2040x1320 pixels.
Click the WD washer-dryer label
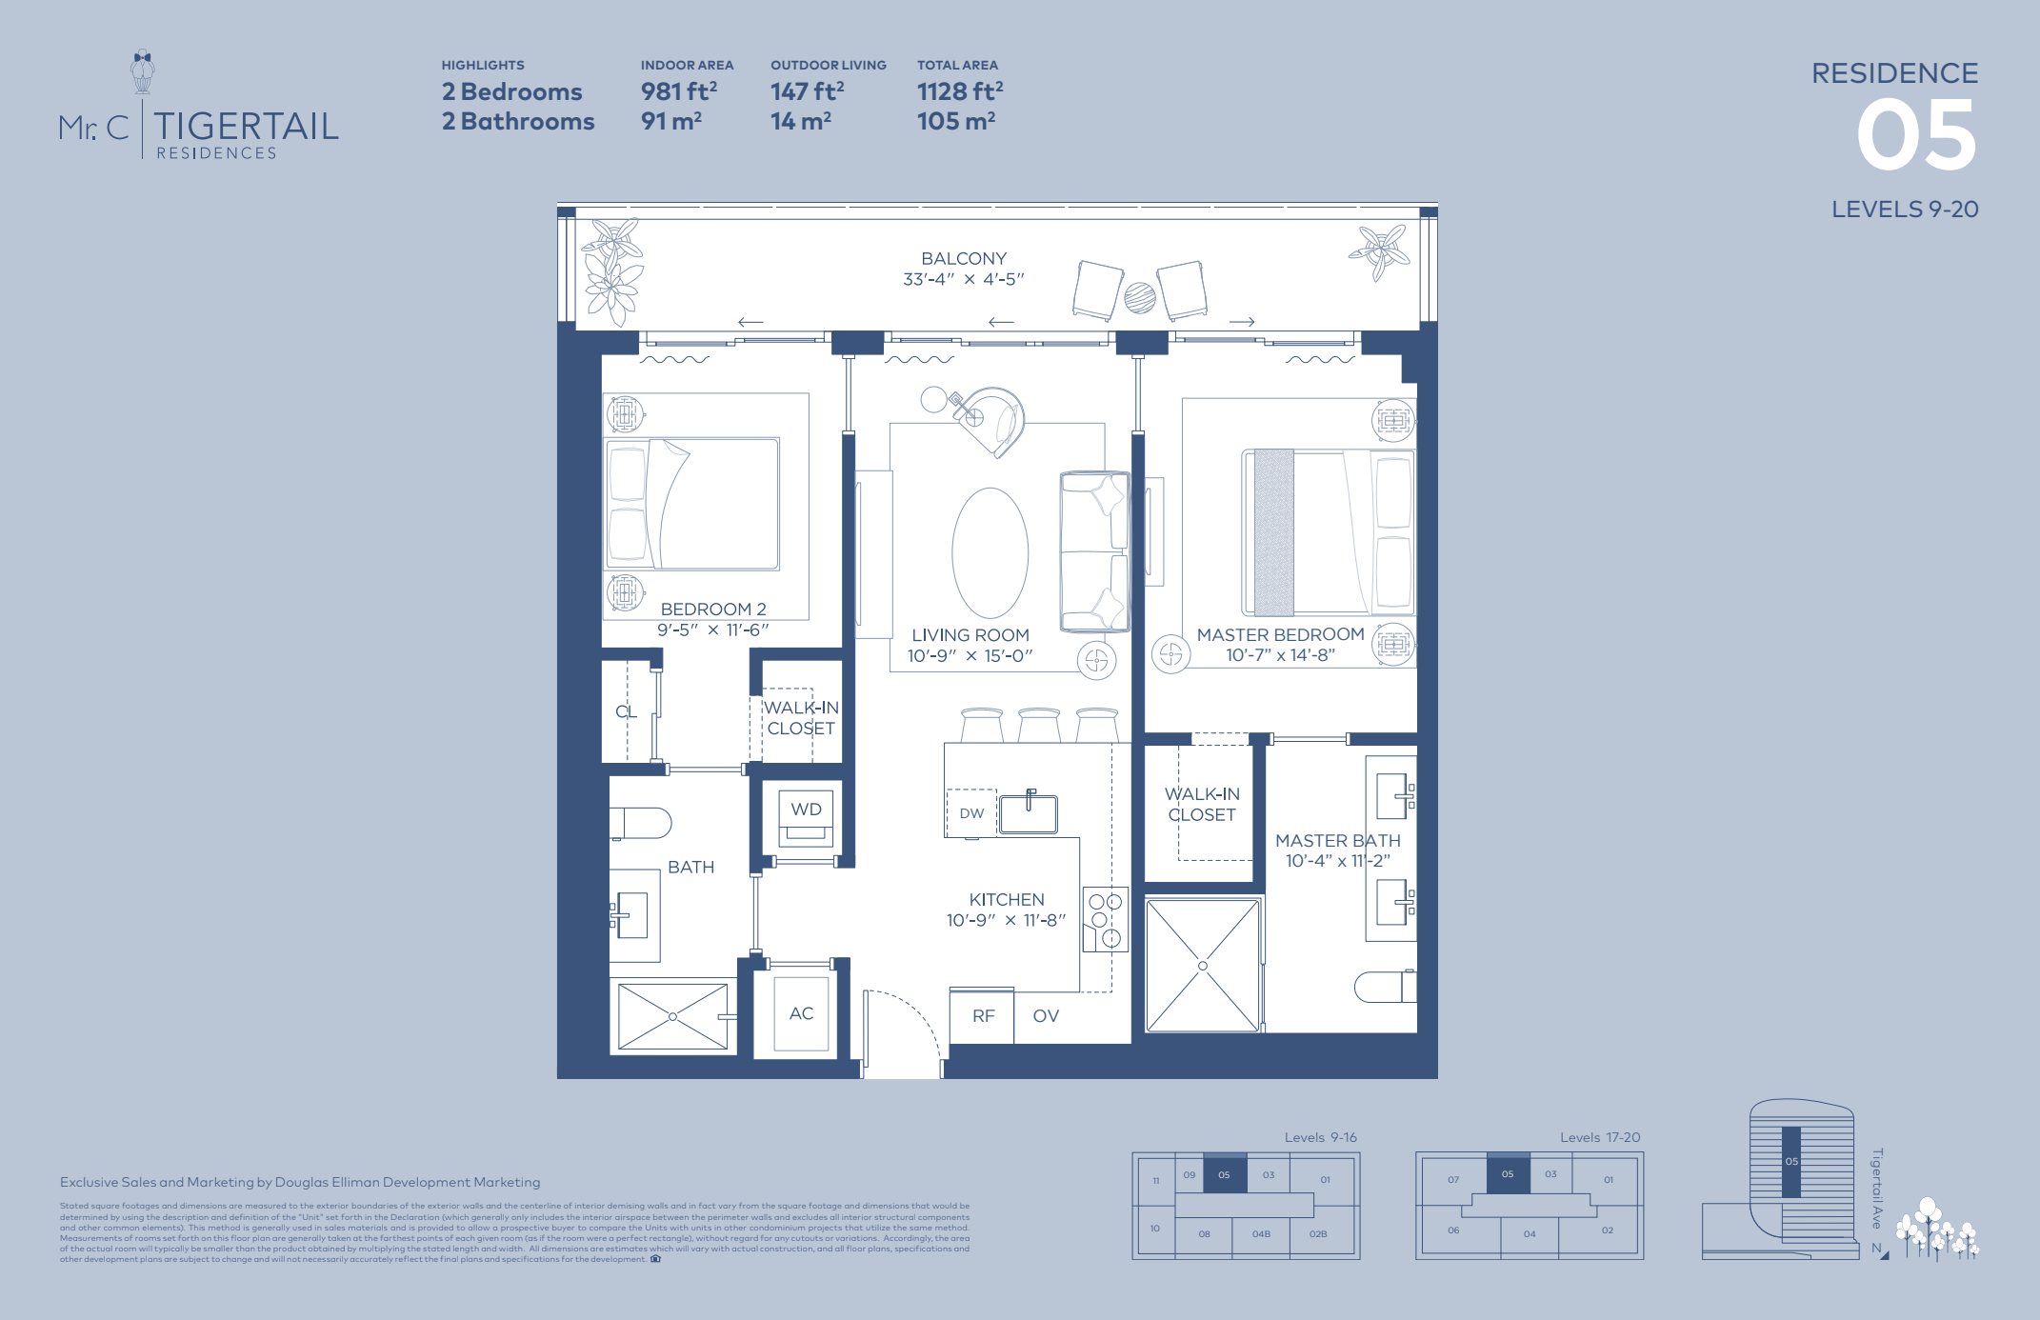click(x=806, y=810)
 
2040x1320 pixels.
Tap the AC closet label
click(x=801, y=1013)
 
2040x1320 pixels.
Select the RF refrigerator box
click(x=983, y=1016)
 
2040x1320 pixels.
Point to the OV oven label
click(x=1046, y=1016)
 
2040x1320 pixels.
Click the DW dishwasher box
click(x=970, y=813)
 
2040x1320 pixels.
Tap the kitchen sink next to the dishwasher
click(x=1029, y=813)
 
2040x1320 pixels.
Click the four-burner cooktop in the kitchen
click(x=1106, y=920)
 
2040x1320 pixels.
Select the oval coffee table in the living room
click(x=990, y=553)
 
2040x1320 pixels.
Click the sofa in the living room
click(x=1095, y=551)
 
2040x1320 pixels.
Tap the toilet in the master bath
click(x=1386, y=987)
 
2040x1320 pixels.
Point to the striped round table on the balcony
click(x=1140, y=297)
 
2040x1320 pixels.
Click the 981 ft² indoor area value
click(x=678, y=91)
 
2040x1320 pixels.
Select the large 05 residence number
click(x=1916, y=137)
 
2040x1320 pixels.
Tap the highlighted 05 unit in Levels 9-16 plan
click(x=1224, y=1174)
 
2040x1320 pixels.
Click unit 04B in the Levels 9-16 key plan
click(x=1261, y=1234)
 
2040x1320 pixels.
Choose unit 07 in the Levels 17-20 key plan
click(x=1453, y=1180)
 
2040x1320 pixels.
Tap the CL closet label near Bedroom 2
click(x=626, y=711)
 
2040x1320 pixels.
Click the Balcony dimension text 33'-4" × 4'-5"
click(x=963, y=279)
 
